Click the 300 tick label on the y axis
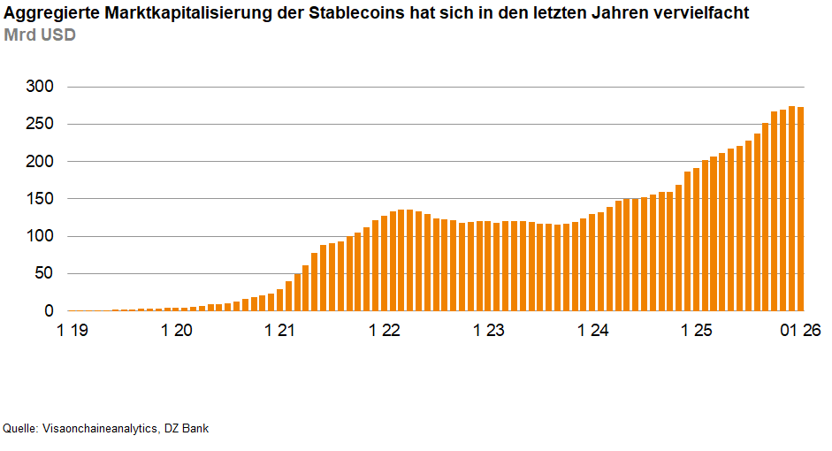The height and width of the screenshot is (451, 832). (39, 87)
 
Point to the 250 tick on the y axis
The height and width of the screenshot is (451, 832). (39, 124)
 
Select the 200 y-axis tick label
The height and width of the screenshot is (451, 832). (39, 162)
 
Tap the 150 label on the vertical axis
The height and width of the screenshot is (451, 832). (39, 199)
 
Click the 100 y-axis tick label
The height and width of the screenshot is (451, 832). (39, 236)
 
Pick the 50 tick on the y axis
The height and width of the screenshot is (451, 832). (43, 274)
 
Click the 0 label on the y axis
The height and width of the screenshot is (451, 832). (49, 311)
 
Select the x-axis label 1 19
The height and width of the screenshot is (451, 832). (73, 331)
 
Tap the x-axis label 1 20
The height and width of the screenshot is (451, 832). (177, 331)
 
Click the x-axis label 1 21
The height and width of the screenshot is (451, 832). (280, 331)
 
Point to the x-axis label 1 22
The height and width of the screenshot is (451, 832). (385, 331)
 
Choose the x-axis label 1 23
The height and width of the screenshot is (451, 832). (489, 331)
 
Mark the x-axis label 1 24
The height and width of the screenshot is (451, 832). (593, 331)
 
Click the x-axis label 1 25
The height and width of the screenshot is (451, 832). (697, 331)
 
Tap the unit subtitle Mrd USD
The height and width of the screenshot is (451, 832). (40, 35)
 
